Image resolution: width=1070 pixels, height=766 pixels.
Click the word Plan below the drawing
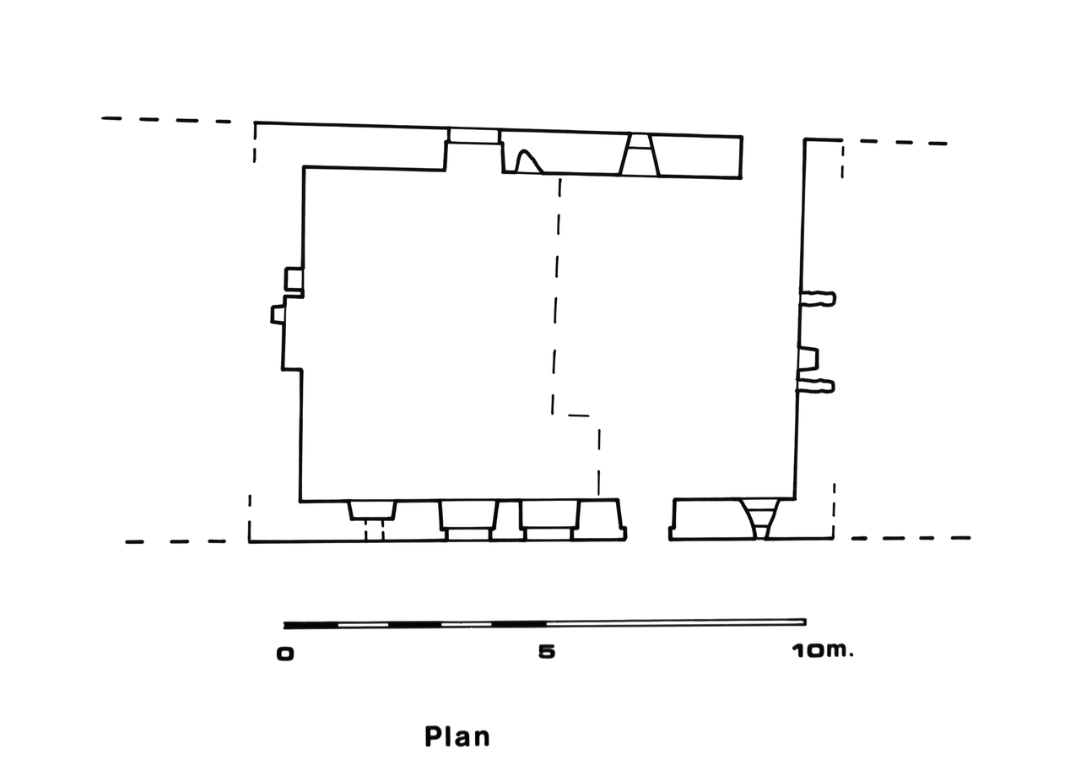(x=457, y=736)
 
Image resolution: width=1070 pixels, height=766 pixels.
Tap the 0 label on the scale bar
(x=285, y=654)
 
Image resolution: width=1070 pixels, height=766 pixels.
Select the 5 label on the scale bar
(x=547, y=651)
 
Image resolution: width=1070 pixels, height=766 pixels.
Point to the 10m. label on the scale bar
(x=822, y=650)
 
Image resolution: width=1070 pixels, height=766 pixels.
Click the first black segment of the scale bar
(x=311, y=625)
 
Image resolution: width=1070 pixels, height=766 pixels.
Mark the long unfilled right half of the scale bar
(x=675, y=622)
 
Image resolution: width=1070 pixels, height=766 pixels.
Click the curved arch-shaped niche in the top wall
(x=528, y=161)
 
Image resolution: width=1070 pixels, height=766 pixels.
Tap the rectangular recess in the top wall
(x=473, y=135)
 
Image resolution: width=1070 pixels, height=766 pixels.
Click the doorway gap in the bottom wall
(x=648, y=519)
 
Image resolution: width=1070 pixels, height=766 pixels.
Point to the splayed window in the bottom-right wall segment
(x=759, y=519)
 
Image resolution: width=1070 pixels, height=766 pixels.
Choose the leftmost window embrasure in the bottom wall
(x=372, y=511)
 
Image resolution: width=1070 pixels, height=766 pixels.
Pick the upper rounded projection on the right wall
(x=819, y=298)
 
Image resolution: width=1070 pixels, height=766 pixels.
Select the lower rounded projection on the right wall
(x=816, y=385)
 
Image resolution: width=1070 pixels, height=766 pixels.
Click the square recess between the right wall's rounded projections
(x=808, y=359)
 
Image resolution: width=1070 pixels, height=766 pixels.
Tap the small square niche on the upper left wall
(x=295, y=279)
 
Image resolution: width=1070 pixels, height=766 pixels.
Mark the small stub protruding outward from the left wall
(x=278, y=315)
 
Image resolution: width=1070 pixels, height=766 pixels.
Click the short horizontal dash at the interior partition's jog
(x=579, y=416)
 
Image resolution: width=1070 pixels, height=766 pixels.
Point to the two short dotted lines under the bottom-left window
(x=374, y=530)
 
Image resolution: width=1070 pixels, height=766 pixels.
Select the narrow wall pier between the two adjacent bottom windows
(x=509, y=519)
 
